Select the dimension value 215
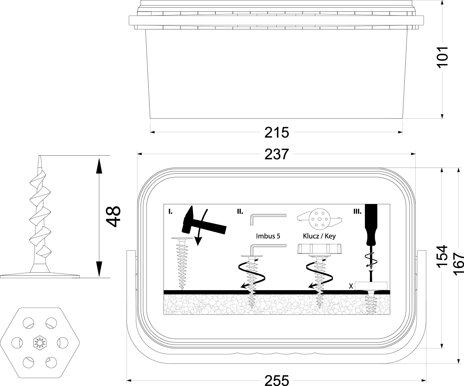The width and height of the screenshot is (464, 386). [x=277, y=133]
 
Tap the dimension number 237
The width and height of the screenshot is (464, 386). [x=277, y=154]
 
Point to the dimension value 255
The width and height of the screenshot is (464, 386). [x=277, y=380]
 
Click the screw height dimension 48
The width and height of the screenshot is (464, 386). [x=113, y=216]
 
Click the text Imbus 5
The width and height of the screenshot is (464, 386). [x=268, y=236]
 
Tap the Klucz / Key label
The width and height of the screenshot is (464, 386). [x=319, y=236]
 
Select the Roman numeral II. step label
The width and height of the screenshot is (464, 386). [x=240, y=212]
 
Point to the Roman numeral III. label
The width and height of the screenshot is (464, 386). [x=357, y=212]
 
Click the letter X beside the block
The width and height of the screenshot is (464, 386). [x=351, y=287]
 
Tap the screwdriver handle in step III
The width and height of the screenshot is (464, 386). [x=372, y=224]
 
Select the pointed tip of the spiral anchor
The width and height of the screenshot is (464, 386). [x=40, y=156]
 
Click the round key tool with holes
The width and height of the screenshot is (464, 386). [x=319, y=219]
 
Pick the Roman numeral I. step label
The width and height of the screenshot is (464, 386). [x=170, y=212]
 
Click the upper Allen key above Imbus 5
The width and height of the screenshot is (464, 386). [x=268, y=219]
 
